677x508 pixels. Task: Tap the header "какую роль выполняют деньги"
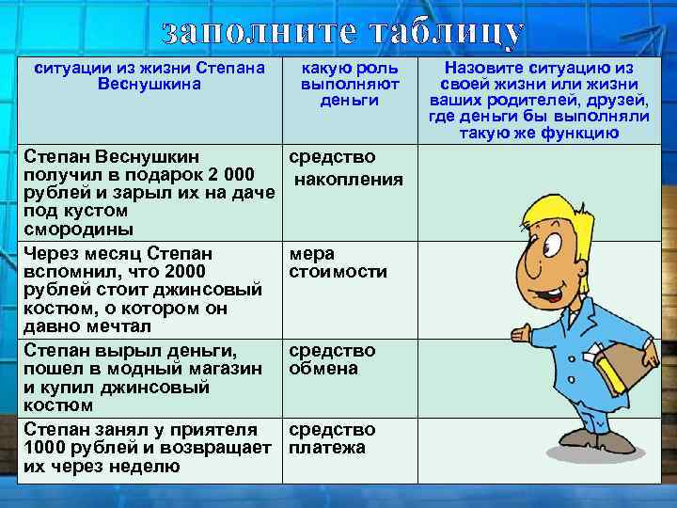349,84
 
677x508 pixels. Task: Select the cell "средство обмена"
332,359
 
